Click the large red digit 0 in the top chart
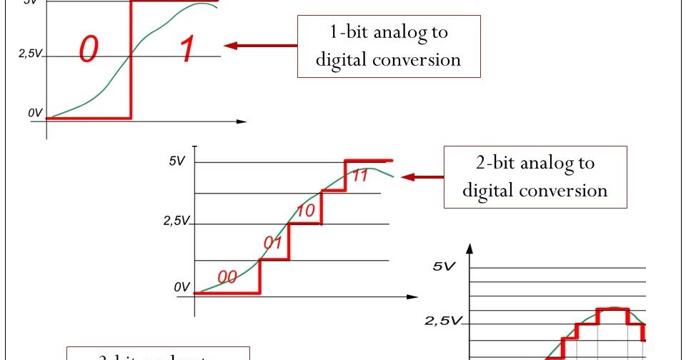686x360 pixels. click(89, 49)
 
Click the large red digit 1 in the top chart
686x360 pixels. click(185, 49)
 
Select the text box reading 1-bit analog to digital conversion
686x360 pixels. click(389, 46)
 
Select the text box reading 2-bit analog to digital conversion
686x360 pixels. click(535, 177)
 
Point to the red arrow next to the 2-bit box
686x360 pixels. click(422, 177)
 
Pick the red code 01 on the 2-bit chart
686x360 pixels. click(272, 244)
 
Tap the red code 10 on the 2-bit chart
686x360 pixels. click(306, 211)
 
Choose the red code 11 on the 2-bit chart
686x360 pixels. click(360, 176)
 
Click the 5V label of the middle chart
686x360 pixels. click(177, 161)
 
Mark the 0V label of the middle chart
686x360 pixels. click(182, 287)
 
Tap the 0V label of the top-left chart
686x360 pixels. click(34, 113)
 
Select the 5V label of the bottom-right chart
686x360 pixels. click(444, 267)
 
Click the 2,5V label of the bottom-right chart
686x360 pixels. click(443, 321)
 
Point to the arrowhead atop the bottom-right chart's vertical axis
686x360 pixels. click(469, 249)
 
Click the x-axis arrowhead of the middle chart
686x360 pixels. click(412, 296)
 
